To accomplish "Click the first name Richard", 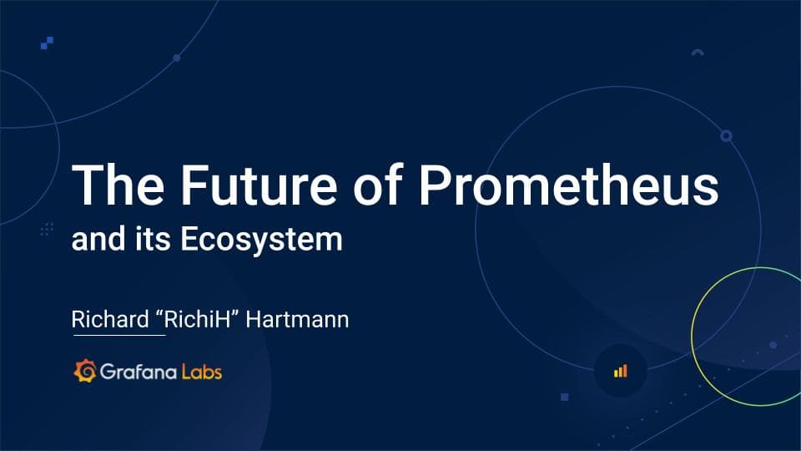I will (x=104, y=319).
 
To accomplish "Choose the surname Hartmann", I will (x=296, y=319).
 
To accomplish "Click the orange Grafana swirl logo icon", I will (x=84, y=371).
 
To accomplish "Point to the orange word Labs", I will (x=202, y=371).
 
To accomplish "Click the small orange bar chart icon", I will (x=620, y=371).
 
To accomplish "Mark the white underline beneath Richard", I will (x=119, y=336).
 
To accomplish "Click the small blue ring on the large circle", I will (x=726, y=135).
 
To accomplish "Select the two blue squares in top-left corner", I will (x=48, y=43).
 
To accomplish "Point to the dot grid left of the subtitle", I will (x=47, y=228).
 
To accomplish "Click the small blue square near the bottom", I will (x=565, y=397).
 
